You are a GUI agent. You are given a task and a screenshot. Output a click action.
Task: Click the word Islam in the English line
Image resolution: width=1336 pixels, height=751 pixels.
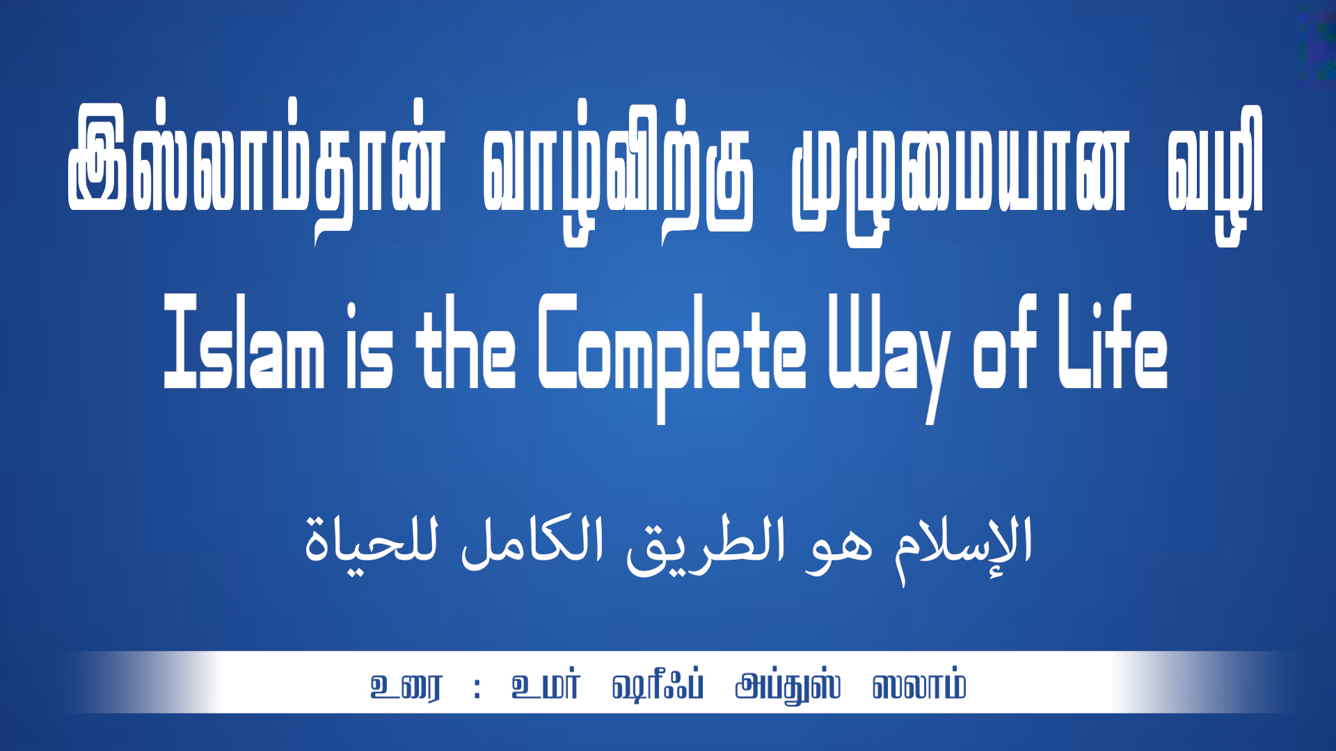(x=244, y=341)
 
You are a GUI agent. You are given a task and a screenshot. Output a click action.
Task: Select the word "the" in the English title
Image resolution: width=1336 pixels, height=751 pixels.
(x=466, y=341)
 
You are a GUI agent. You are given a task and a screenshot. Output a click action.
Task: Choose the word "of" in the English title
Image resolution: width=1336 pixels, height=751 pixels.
(x=1004, y=341)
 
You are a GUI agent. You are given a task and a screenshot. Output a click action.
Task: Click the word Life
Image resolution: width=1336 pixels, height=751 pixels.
(x=1113, y=341)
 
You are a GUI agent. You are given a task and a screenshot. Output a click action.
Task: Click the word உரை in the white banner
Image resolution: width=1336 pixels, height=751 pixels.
(x=406, y=687)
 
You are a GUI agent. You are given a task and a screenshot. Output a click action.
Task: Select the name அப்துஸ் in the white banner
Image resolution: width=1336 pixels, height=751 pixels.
(x=788, y=687)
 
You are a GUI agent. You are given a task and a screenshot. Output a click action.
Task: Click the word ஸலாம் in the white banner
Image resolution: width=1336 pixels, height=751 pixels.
(x=919, y=686)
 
